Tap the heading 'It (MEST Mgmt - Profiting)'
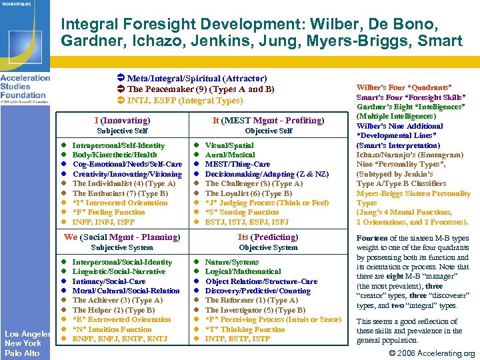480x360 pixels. pyautogui.click(x=267, y=121)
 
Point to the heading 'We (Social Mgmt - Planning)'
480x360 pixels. pyautogui.click(x=121, y=237)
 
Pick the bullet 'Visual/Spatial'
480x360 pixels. pyautogui.click(x=229, y=145)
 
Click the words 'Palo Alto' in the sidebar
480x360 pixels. pyautogui.click(x=22, y=352)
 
